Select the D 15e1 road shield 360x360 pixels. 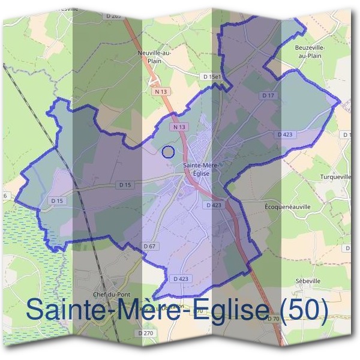(212, 77)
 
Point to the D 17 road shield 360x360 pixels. (268, 95)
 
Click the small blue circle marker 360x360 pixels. (169, 152)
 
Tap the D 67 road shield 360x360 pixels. (150, 247)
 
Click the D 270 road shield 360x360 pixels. (145, 332)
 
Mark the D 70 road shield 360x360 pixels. (272, 318)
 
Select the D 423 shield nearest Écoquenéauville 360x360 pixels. (214, 205)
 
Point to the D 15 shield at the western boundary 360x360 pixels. (57, 200)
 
